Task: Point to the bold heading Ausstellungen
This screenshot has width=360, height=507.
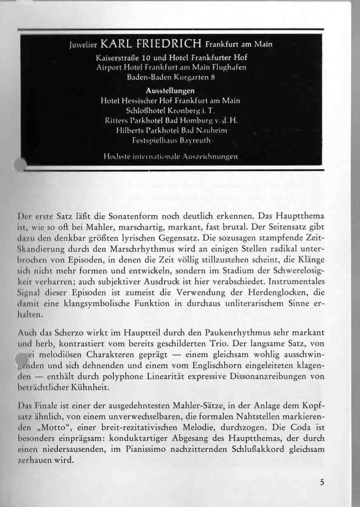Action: click(x=170, y=91)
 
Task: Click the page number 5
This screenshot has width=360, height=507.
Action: click(x=321, y=482)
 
